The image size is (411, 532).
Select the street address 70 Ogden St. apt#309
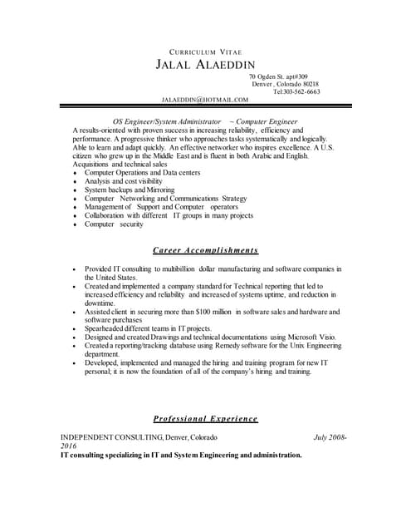(x=283, y=76)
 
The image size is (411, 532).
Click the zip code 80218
(x=311, y=84)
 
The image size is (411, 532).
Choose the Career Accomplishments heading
(x=206, y=249)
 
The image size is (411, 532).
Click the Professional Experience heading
(x=206, y=418)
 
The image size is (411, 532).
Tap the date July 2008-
(x=330, y=437)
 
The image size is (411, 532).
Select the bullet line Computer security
(x=115, y=224)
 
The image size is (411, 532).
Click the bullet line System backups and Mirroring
(x=130, y=190)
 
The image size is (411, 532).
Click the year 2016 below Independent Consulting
(x=68, y=446)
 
